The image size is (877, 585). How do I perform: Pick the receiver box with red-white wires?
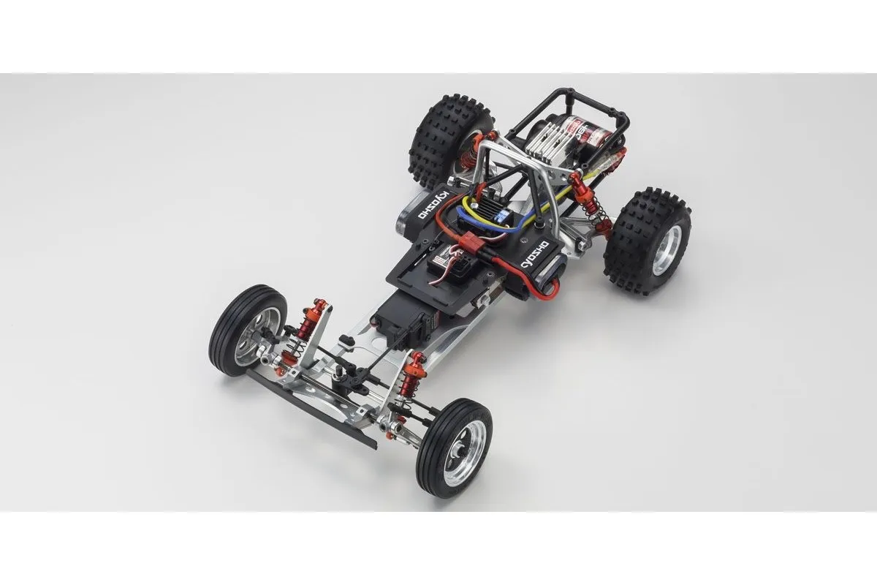(x=447, y=265)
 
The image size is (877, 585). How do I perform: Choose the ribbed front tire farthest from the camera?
(x=248, y=328)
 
